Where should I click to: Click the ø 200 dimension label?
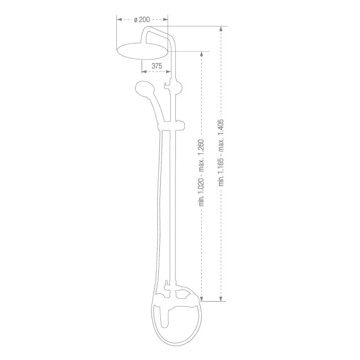[x=141, y=20]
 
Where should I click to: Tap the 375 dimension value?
[x=157, y=66]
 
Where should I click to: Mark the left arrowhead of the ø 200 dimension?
[x=118, y=20]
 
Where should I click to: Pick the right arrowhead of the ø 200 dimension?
[x=167, y=20]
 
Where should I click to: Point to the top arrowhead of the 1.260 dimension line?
[x=202, y=54]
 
